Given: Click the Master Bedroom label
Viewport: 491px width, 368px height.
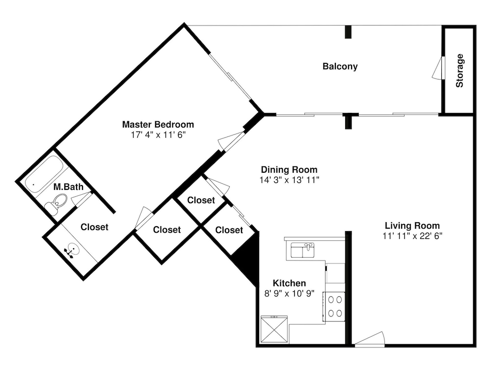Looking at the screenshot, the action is click(158, 125).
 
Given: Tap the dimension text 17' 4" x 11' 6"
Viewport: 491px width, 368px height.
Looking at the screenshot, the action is click(159, 135).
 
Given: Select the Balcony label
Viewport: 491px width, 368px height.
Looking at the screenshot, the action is click(340, 66).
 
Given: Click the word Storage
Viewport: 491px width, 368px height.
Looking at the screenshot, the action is click(460, 70).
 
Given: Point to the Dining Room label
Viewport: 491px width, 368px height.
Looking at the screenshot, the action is click(289, 170).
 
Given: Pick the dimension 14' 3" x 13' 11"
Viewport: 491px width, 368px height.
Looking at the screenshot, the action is click(289, 180).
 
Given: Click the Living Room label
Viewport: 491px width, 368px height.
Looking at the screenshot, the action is click(412, 226).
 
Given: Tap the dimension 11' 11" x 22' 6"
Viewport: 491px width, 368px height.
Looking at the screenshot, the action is click(412, 236).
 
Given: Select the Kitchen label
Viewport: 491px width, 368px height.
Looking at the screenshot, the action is click(289, 283).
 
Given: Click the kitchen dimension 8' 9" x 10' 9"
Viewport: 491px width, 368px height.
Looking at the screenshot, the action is click(289, 293).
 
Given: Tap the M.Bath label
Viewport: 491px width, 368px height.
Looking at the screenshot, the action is click(68, 187).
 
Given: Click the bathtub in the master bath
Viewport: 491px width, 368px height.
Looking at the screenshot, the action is click(44, 174).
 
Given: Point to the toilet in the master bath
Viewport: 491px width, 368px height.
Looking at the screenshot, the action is click(56, 204).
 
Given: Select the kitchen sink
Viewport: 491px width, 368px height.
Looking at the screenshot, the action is click(302, 250).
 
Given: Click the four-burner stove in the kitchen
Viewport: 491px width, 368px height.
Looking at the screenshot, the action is click(335, 307).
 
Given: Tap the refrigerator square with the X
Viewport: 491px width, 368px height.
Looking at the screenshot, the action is click(274, 329).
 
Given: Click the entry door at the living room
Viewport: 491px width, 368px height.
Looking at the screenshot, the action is click(370, 339).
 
